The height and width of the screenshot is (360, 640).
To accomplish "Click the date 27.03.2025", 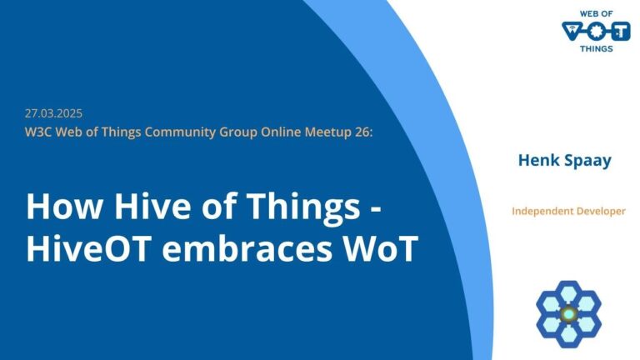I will click(x=53, y=113).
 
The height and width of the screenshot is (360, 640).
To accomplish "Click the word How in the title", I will click(x=57, y=205).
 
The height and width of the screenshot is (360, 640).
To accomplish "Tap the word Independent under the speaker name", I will click(x=545, y=211).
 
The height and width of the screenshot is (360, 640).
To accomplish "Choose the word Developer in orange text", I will click(x=602, y=211).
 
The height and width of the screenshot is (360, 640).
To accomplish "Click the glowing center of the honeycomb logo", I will click(x=568, y=314).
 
